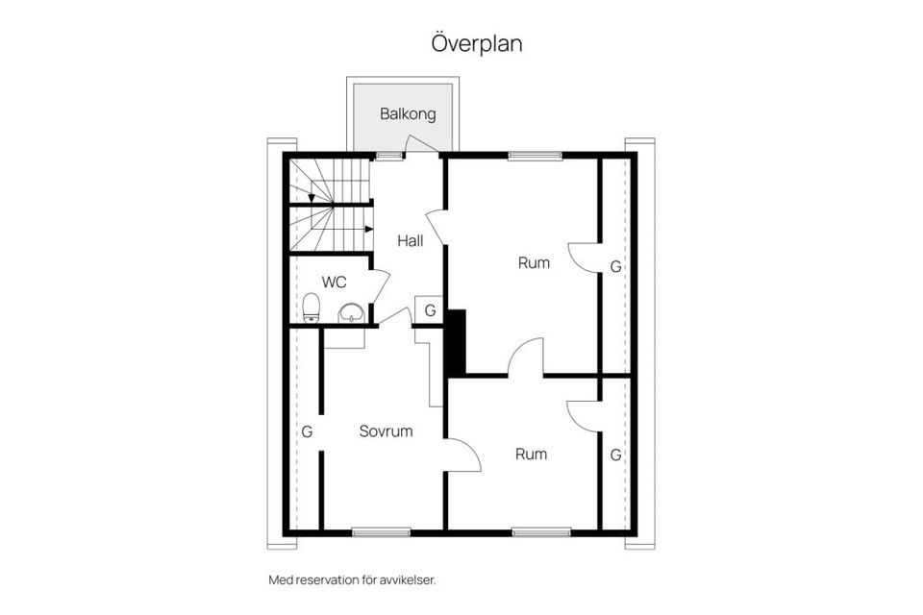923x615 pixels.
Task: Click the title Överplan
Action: [476, 44]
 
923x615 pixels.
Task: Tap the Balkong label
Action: [408, 113]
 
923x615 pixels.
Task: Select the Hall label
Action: [411, 241]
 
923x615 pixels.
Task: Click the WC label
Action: [334, 283]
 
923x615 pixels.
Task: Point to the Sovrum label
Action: [386, 431]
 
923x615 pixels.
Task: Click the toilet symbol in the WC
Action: [311, 308]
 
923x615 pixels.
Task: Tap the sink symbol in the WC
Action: [352, 312]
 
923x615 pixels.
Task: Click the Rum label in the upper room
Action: [534, 261]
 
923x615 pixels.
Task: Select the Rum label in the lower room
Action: [531, 454]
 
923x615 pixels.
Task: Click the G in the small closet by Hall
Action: [430, 310]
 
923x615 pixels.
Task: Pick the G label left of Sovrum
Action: [307, 431]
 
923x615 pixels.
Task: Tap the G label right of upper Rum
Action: [615, 266]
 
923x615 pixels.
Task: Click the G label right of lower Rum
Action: [615, 455]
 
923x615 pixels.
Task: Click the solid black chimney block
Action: [456, 342]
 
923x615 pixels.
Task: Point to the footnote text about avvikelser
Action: [359, 579]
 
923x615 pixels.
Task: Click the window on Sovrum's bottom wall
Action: [367, 531]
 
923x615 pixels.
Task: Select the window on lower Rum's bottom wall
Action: [540, 531]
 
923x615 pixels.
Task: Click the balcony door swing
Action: [420, 145]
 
